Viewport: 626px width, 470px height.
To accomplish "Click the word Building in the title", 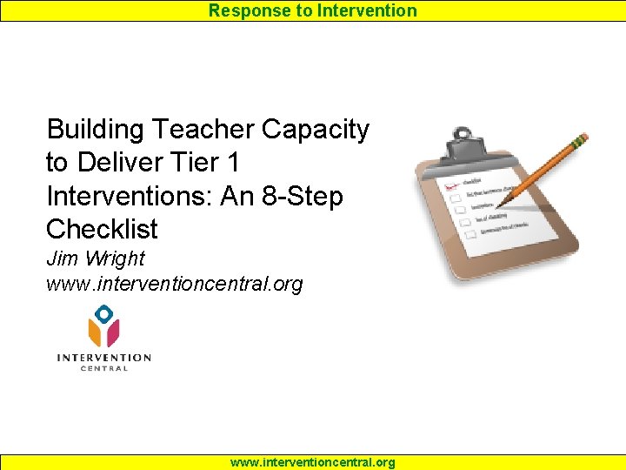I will (96, 130).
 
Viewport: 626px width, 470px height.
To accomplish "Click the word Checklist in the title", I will (102, 229).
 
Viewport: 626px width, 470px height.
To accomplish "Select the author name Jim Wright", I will (96, 258).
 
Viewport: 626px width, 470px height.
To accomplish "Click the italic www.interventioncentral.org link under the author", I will (174, 285).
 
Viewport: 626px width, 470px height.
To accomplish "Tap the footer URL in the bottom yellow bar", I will (312, 462).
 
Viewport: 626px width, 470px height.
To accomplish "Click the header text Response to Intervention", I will (312, 10).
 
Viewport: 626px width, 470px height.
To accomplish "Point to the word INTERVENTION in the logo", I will (103, 358).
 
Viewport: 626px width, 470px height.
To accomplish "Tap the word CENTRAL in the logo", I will (103, 369).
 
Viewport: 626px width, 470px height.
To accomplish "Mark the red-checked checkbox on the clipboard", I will (451, 186).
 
